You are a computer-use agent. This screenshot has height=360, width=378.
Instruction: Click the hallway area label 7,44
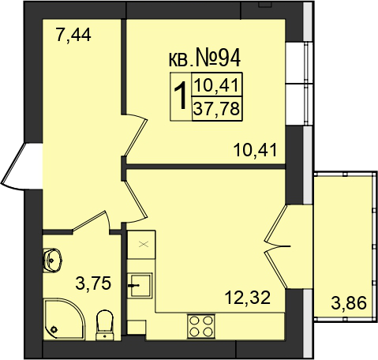tap(73, 36)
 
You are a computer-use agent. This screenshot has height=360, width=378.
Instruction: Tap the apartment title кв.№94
tap(204, 58)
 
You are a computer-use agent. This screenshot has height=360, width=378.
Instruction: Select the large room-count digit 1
tap(181, 95)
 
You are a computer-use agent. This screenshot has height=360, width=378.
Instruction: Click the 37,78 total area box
tap(217, 109)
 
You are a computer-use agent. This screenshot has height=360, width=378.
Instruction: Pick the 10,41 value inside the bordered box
tap(217, 85)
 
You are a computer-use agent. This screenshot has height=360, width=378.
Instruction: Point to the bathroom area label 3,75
tap(93, 283)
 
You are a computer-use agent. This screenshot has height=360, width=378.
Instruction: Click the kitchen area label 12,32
tap(248, 298)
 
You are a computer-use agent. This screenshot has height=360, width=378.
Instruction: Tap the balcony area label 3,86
tap(349, 303)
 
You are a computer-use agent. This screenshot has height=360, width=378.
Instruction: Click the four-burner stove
tap(201, 326)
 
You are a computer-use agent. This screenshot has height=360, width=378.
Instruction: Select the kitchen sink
tap(140, 286)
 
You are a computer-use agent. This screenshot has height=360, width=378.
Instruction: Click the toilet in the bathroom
tap(105, 325)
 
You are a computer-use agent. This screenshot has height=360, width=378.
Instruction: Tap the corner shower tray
tap(64, 319)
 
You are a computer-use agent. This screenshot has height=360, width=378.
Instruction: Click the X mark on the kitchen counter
tap(144, 245)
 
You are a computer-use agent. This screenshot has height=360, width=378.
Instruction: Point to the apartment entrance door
tap(22, 167)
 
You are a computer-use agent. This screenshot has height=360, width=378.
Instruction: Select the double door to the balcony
tap(275, 246)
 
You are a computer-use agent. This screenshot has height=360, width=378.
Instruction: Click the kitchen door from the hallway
tap(137, 201)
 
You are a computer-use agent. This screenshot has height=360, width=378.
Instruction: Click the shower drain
tap(54, 329)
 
